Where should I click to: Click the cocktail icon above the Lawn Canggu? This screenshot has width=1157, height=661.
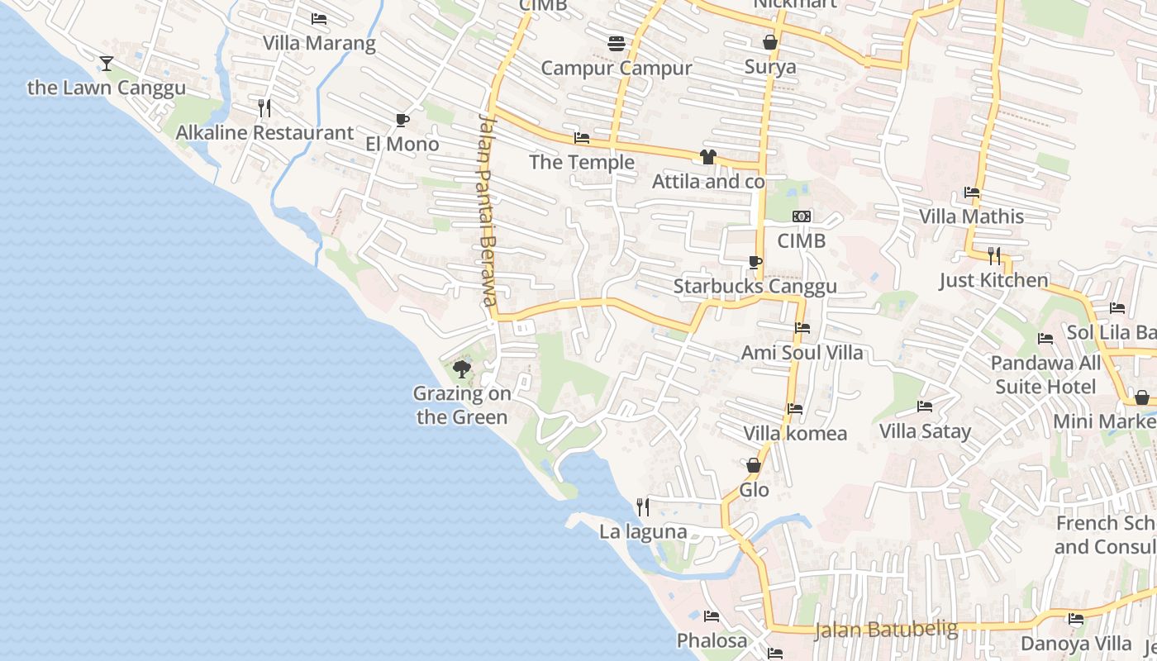106,63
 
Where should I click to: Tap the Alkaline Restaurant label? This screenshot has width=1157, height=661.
264,132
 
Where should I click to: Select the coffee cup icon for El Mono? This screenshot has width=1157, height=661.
402,120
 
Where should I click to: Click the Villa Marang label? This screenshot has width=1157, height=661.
319,43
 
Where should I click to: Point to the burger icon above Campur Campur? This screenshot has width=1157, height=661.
616,44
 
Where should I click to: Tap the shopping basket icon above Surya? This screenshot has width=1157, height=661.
769,42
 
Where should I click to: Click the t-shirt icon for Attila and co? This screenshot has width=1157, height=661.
707,157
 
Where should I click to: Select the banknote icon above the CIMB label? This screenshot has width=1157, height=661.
801,216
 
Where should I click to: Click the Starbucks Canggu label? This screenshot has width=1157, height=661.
755,287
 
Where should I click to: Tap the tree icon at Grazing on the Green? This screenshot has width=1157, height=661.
462,369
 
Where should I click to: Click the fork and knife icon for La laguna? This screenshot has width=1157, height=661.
642,506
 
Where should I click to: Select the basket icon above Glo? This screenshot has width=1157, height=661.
754,466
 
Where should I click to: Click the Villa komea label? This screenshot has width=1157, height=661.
794,433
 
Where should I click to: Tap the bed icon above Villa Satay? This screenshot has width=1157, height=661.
925,407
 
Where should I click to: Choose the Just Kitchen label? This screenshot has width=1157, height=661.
993,280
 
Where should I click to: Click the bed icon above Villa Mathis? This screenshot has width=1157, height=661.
972,193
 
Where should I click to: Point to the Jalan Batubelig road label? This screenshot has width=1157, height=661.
886,630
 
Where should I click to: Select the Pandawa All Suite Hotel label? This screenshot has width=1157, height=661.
1045,374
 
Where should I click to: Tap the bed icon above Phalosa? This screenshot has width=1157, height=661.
711,616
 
